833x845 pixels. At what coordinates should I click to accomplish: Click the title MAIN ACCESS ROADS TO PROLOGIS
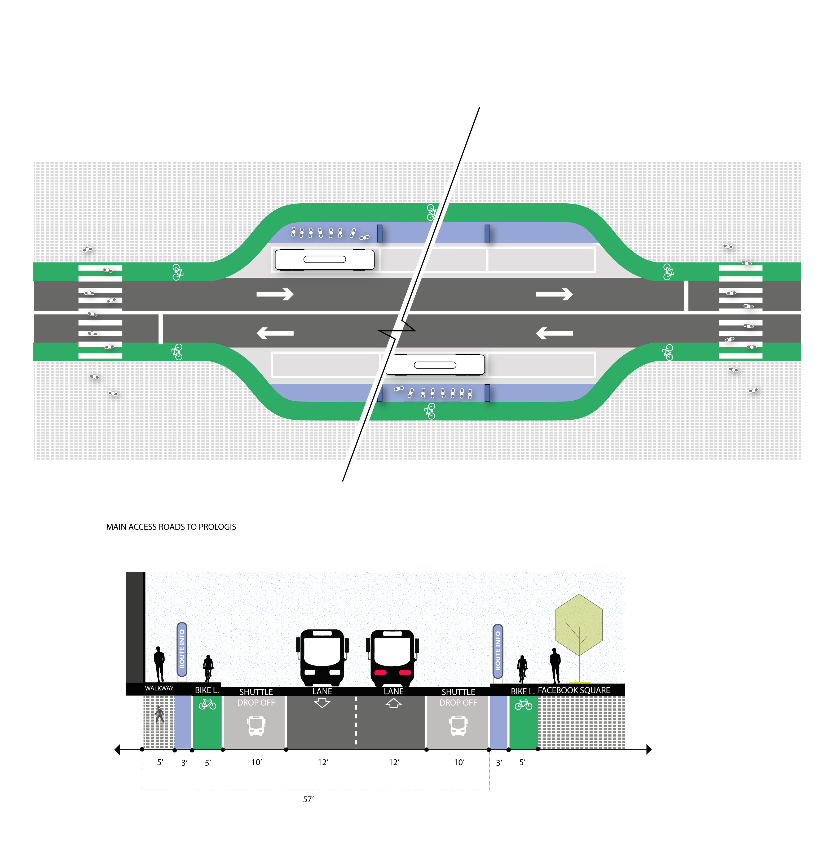click(x=171, y=527)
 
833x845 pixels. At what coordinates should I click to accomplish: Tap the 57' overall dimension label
click(x=308, y=799)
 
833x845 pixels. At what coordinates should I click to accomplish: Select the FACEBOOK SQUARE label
click(x=574, y=690)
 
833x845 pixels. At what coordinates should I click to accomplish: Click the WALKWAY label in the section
click(x=159, y=688)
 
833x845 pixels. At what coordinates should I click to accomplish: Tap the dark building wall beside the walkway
click(x=135, y=628)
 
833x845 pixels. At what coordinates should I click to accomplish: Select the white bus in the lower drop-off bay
click(x=435, y=365)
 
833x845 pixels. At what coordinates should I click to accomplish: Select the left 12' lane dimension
click(x=323, y=762)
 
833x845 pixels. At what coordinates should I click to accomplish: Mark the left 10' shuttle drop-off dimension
click(x=257, y=762)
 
